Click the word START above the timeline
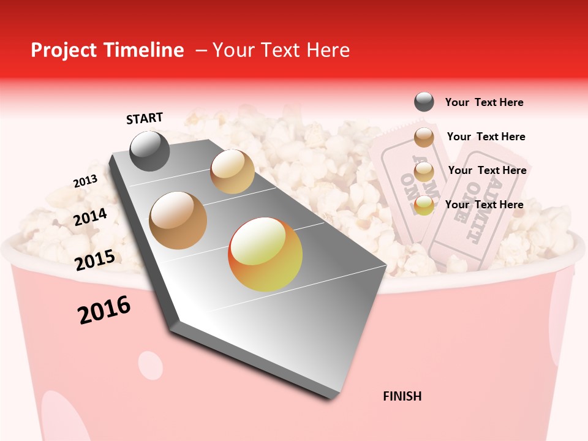pos(145,118)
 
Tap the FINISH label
pos(402,396)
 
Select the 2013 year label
pos(85,181)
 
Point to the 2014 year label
pos(91,217)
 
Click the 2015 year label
pos(95,260)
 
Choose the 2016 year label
pos(104,310)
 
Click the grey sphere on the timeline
pos(150,151)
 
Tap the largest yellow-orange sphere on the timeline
pos(265,254)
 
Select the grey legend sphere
pos(424,102)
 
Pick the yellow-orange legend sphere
pos(424,206)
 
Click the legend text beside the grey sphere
pos(484,102)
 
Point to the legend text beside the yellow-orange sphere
pos(484,205)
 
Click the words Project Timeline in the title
pos(107,50)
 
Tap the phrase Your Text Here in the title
pos(281,50)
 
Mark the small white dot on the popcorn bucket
pos(150,365)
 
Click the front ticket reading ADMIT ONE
pos(469,208)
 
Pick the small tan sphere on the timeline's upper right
pos(232,171)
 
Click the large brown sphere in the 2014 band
pos(178,221)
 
